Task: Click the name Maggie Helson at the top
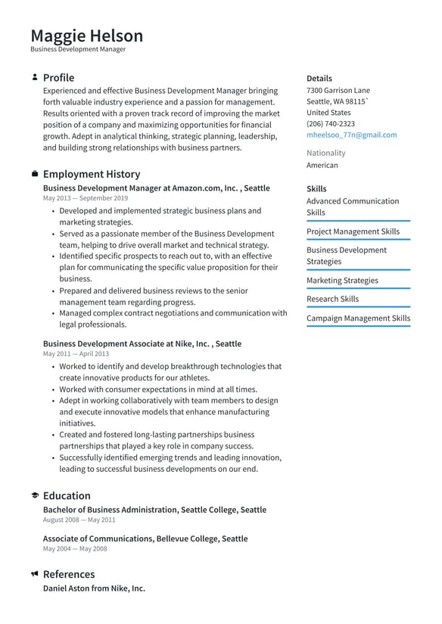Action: pos(86,36)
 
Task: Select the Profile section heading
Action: pos(58,77)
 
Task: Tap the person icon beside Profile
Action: pos(35,77)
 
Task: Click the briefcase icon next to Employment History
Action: pos(35,174)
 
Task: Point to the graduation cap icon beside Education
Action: pos(35,495)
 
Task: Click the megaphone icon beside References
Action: pos(35,574)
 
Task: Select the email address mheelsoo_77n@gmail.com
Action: pos(351,135)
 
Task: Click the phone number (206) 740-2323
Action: pos(330,123)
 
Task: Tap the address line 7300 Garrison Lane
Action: pos(338,90)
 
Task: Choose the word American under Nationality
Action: pos(322,165)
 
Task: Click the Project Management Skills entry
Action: pos(353,231)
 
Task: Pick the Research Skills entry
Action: pos(332,299)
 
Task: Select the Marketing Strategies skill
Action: pos(342,280)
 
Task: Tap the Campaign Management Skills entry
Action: pos(358,318)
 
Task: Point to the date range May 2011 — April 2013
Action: pos(76,353)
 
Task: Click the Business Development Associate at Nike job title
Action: pos(142,343)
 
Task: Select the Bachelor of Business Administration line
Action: pos(154,510)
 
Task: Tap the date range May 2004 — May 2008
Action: pos(75,548)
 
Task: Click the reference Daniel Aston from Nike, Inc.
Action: pos(94,588)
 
